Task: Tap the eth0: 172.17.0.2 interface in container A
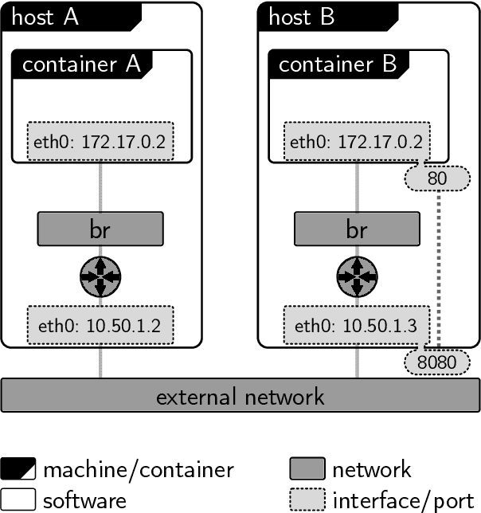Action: (100, 142)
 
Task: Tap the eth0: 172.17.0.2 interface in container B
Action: (356, 142)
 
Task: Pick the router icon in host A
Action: (100, 276)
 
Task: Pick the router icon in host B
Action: (356, 276)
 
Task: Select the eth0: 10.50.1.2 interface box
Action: (100, 325)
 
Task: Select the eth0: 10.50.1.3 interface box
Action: (356, 325)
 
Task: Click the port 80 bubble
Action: (437, 178)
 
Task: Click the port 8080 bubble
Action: (436, 362)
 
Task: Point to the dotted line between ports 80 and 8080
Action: (437, 271)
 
